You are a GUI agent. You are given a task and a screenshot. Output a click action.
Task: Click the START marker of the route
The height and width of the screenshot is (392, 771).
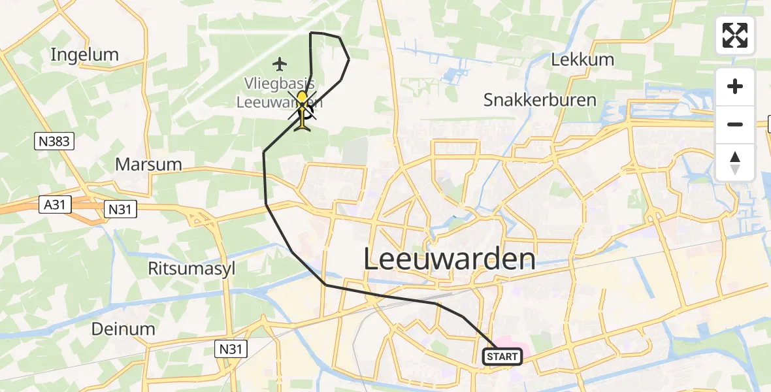[x=502, y=357]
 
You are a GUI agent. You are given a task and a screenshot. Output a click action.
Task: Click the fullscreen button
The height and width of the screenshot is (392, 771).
[x=735, y=35]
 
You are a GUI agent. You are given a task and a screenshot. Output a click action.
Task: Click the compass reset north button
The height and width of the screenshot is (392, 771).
[x=735, y=163]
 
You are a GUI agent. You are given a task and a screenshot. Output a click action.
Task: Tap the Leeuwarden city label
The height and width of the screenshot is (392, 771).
[x=449, y=259]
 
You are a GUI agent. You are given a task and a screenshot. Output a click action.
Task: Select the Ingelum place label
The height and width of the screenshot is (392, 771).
[x=85, y=55]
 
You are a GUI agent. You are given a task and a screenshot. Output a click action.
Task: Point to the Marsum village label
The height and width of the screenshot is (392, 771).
[x=148, y=164]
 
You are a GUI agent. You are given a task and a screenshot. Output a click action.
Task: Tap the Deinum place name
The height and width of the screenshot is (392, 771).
[x=124, y=329]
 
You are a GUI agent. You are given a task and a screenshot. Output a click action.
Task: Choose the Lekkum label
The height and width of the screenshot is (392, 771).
[x=583, y=59]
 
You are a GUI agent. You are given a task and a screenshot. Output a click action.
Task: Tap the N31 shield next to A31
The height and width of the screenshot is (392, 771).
[x=120, y=209]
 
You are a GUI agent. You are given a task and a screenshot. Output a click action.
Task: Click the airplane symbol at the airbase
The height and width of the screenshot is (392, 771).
[x=280, y=64]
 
